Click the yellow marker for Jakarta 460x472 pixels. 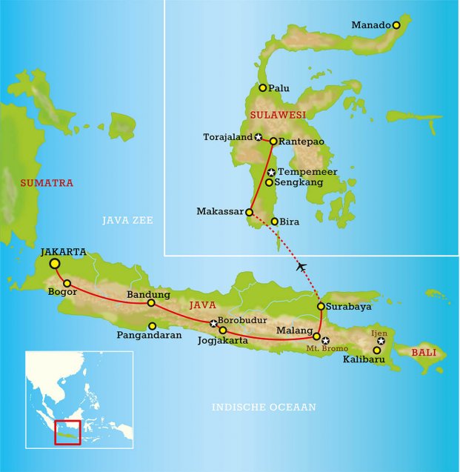pyautogui.click(x=55, y=263)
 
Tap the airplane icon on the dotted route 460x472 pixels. pyautogui.click(x=301, y=266)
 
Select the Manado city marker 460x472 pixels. pyautogui.click(x=396, y=25)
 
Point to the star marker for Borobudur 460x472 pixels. pyautogui.click(x=213, y=323)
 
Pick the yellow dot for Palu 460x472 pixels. pyautogui.click(x=262, y=87)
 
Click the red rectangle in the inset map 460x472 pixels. pyautogui.click(x=67, y=432)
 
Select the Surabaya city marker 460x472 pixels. pyautogui.click(x=321, y=306)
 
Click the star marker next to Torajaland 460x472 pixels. pyautogui.click(x=258, y=137)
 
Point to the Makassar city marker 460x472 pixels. pyautogui.click(x=250, y=212)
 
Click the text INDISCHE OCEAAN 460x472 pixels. pyautogui.click(x=264, y=407)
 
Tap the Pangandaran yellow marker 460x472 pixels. pyautogui.click(x=152, y=326)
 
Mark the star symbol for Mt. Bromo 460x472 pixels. pyautogui.click(x=325, y=340)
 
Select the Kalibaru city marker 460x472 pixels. pyautogui.click(x=376, y=350)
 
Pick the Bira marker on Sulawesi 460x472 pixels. pyautogui.click(x=275, y=221)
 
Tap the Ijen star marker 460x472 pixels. pyautogui.click(x=381, y=342)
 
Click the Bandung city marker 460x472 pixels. pyautogui.click(x=151, y=302)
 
